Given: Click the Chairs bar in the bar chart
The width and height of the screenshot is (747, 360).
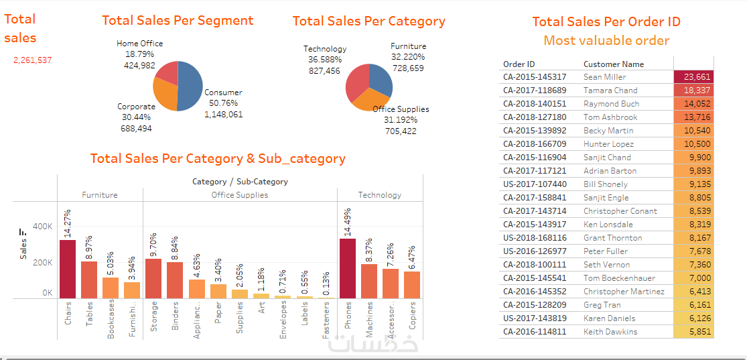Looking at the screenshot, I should [x=68, y=269].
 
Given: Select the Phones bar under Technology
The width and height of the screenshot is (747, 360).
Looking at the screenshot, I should [x=348, y=268].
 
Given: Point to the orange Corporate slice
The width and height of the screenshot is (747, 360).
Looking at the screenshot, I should [x=165, y=94].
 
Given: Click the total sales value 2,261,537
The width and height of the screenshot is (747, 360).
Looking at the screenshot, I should [x=32, y=60].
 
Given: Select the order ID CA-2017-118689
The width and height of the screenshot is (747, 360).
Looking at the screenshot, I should [x=535, y=91].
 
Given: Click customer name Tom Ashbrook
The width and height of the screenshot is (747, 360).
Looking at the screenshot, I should [x=610, y=117].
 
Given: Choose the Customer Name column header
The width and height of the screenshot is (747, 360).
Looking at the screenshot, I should [x=614, y=64].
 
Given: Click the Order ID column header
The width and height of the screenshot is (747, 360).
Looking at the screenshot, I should [x=519, y=64].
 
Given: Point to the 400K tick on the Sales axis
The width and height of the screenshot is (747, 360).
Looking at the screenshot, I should [x=43, y=227].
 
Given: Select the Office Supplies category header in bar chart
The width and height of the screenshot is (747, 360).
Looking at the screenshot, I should [x=240, y=195].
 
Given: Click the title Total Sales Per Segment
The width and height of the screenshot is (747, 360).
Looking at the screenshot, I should [x=178, y=21].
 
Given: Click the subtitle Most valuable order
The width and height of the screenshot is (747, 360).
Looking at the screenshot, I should [x=606, y=41].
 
